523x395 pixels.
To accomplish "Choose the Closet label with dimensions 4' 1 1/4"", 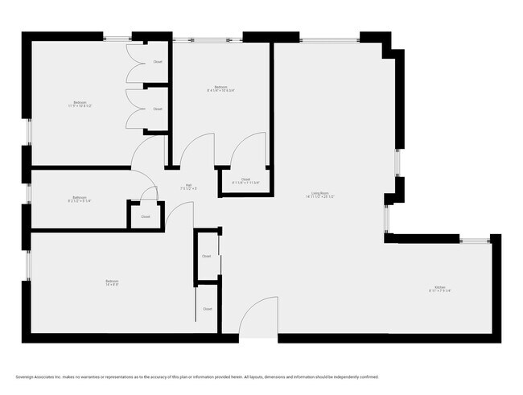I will click(245, 181).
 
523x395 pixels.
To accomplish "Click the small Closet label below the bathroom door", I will click(146, 216).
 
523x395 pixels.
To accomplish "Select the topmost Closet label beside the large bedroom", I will click(158, 62).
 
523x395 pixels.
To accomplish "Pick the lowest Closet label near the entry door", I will click(207, 308).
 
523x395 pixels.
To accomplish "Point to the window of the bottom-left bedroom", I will click(26, 265).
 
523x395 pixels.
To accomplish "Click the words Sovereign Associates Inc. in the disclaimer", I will click(40, 376).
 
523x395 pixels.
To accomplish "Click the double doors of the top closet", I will click(133, 62).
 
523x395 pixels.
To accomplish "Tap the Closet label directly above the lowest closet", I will click(207, 256).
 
